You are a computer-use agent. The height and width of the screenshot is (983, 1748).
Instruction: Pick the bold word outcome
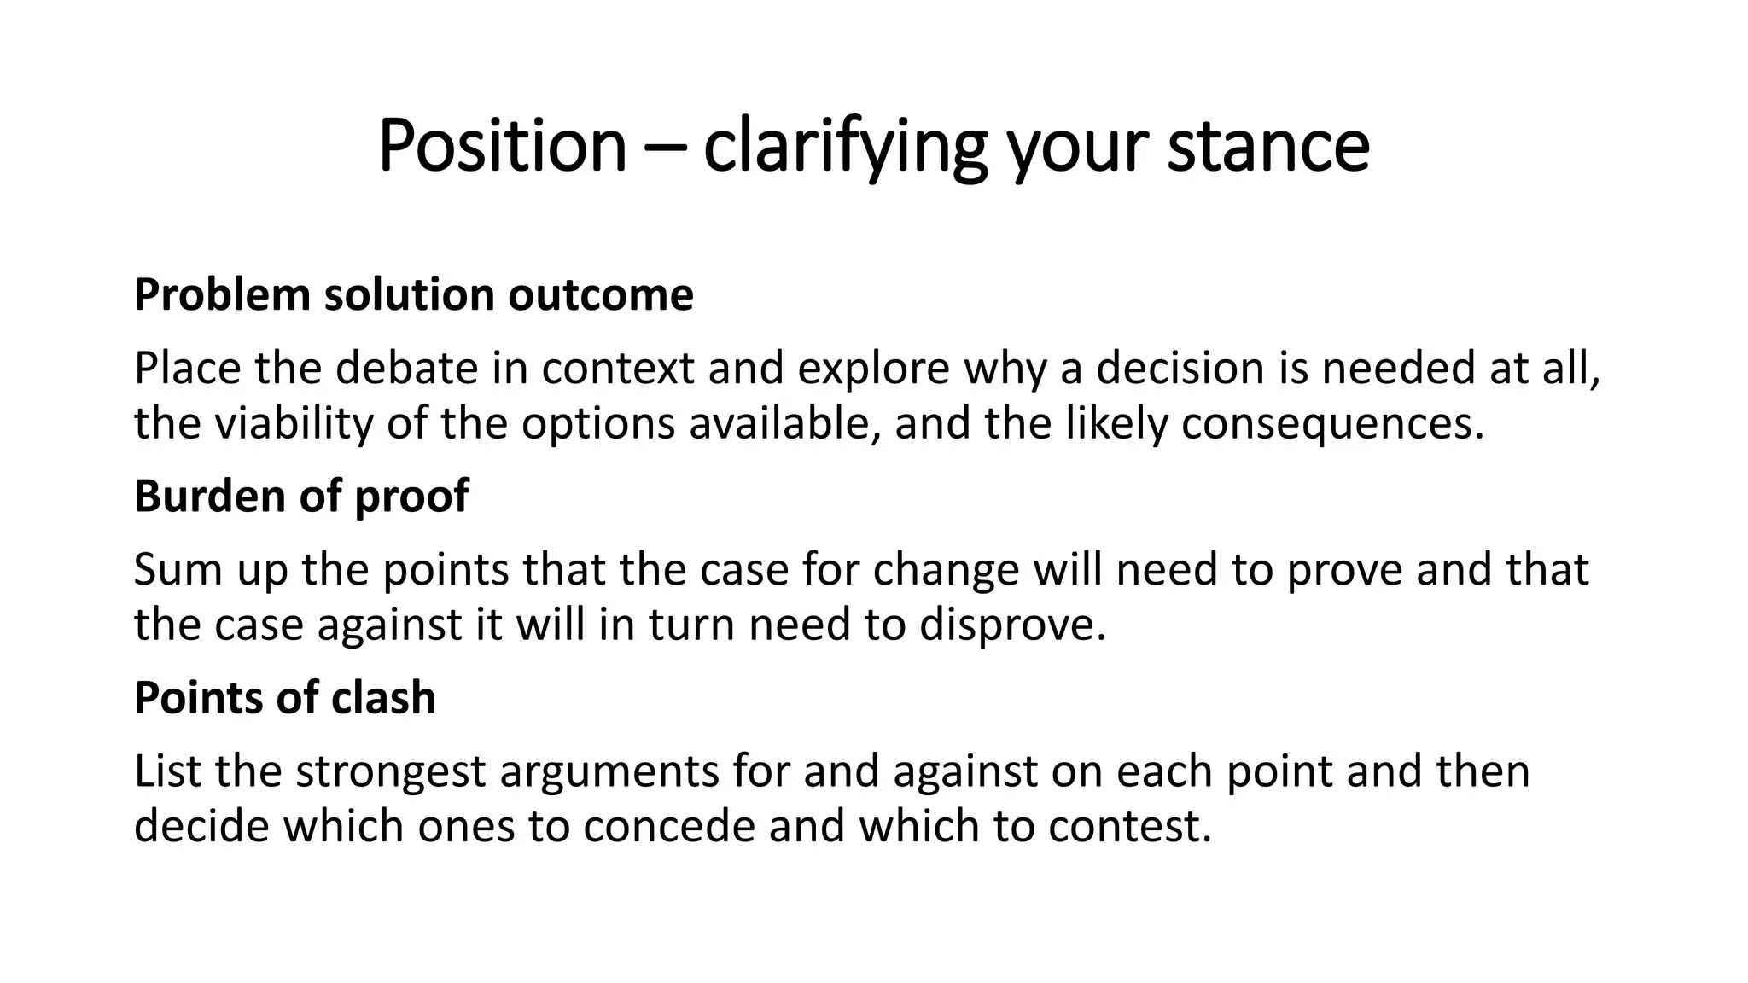pyautogui.click(x=601, y=295)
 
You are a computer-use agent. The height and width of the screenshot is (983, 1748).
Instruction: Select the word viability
pyautogui.click(x=294, y=423)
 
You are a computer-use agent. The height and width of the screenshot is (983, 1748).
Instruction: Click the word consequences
pyautogui.click(x=1332, y=423)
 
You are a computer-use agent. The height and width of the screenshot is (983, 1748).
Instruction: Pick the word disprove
pyautogui.click(x=1012, y=625)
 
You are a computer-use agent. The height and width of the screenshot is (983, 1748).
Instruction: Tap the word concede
pyautogui.click(x=669, y=826)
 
